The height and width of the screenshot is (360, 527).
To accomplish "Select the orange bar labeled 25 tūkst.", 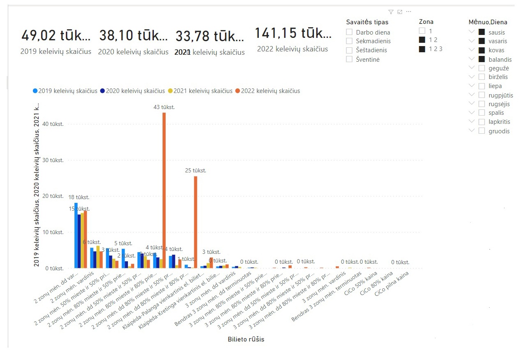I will click(195, 222).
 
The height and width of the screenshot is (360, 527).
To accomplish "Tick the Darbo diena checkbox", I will click(349, 32).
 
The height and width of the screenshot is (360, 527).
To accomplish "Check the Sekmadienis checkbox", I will click(349, 41).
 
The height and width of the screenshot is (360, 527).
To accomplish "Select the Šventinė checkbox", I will click(349, 59).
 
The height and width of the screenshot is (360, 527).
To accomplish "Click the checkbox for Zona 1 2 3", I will click(422, 49).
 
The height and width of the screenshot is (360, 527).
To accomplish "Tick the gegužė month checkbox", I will click(482, 68).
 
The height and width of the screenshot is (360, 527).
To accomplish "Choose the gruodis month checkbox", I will click(482, 131).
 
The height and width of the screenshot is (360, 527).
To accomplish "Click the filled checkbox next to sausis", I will click(482, 32).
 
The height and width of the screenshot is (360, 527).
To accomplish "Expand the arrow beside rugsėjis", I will click(471, 104).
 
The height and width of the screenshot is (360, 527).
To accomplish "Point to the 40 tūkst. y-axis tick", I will click(54, 124).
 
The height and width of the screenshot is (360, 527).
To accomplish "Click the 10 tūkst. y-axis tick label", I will click(54, 232).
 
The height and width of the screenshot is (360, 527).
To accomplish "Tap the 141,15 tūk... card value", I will click(293, 33).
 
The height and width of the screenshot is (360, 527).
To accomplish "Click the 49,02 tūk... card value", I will click(56, 36).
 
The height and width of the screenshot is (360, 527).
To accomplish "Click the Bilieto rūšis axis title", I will click(246, 339).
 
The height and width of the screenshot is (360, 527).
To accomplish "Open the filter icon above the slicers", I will click(391, 12).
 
